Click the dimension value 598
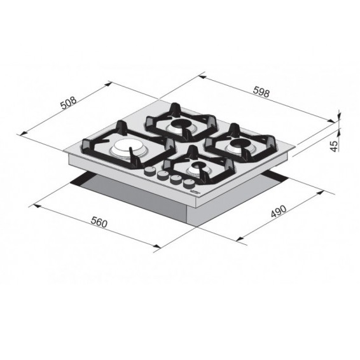tap(261, 92)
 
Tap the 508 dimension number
tap(68, 103)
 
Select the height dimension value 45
tap(334, 146)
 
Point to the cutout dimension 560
tap(99, 222)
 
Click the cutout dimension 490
tap(279, 211)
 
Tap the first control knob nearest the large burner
tap(149, 172)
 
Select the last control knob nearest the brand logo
tap(189, 184)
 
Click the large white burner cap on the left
tap(125, 148)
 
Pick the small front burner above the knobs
tap(197, 169)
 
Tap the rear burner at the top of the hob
tap(181, 127)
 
